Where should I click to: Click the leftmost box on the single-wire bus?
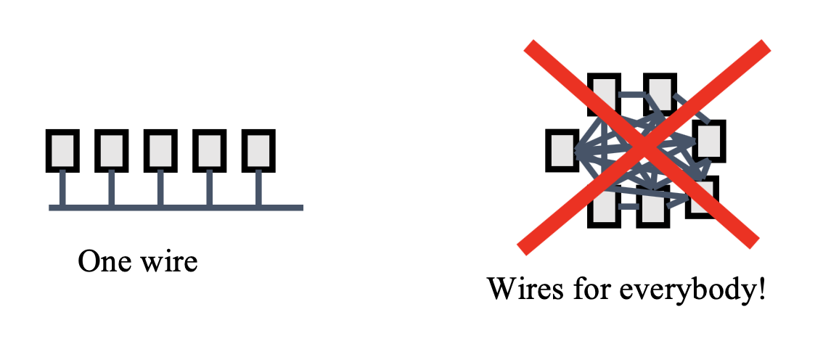62,150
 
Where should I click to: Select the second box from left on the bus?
111,150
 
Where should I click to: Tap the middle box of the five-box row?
160,150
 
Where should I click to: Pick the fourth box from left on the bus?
210,150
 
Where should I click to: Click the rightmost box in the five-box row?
258,150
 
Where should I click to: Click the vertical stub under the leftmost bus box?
62,187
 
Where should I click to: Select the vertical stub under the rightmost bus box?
258,187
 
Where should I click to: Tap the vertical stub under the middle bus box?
160,187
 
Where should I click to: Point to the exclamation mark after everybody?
761,290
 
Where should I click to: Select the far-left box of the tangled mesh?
562,150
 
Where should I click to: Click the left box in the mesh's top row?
604,93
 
